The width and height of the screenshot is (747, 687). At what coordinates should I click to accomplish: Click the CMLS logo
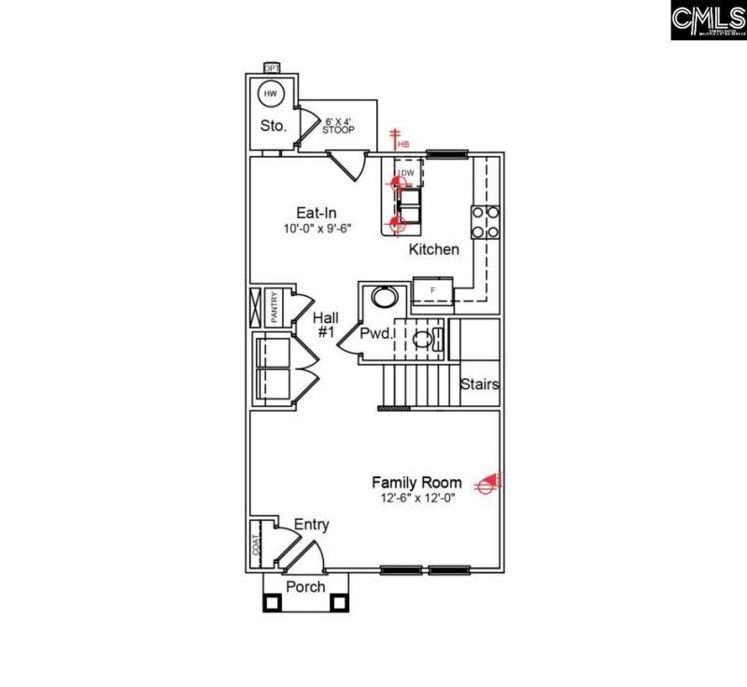pos(707,20)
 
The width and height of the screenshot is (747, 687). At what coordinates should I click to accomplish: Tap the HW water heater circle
pos(271,94)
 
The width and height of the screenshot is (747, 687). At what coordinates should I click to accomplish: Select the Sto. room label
pos(272,126)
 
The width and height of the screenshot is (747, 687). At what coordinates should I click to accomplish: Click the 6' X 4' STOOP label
pos(339,125)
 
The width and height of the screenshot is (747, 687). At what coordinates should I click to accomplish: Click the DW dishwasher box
pos(408,173)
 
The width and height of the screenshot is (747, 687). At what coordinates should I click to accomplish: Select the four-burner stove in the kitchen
pos(485,222)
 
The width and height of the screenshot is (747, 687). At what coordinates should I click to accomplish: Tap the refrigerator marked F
pos(433,290)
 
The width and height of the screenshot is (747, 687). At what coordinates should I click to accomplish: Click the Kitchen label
pos(434,249)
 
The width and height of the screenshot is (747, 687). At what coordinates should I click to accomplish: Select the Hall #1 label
pos(324,324)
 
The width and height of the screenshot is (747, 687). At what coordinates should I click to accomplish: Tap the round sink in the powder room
pos(384,299)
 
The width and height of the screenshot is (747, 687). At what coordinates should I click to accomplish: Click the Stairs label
pos(479,384)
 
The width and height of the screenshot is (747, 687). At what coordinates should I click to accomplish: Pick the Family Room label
pos(416,483)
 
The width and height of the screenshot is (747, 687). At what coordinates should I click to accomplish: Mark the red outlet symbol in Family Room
pos(486,483)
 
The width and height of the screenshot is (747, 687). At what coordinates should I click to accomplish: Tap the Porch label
pos(305,586)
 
